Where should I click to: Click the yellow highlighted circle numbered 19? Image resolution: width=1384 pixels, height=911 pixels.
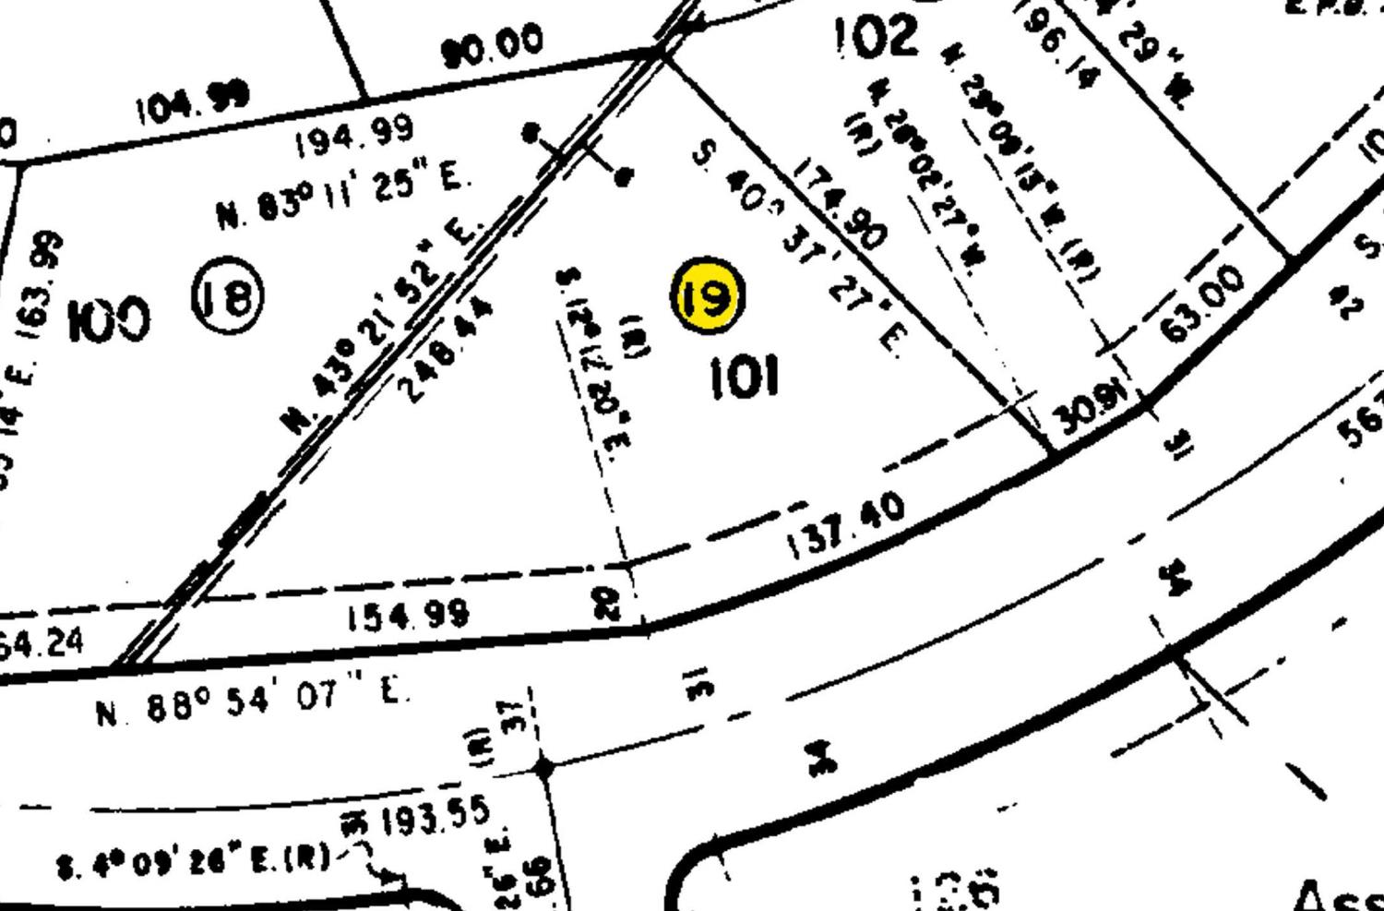tap(708, 295)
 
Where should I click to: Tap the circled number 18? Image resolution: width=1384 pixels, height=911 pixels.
tap(228, 295)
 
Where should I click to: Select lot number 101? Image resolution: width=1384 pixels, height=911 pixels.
tap(744, 377)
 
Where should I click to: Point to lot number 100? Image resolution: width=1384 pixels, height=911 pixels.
tap(109, 319)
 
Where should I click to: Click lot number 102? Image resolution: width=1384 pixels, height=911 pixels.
tap(877, 37)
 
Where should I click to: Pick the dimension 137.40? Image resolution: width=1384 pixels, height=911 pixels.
tap(846, 527)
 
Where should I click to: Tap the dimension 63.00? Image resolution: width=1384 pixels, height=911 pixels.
tap(1204, 302)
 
